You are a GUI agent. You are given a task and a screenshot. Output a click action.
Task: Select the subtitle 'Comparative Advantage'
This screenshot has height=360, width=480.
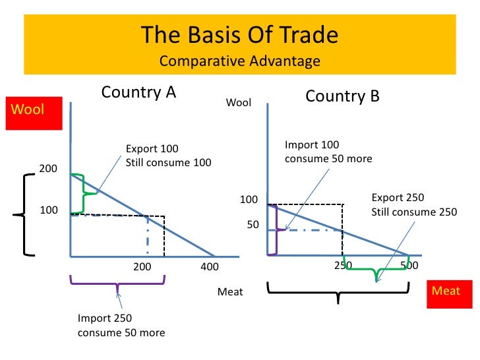(239, 61)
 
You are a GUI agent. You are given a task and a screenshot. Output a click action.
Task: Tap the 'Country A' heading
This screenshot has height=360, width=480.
(138, 92)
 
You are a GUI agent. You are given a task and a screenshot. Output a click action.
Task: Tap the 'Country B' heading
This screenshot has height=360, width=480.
(342, 96)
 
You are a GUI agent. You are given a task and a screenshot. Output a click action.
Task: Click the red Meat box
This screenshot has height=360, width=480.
(446, 291)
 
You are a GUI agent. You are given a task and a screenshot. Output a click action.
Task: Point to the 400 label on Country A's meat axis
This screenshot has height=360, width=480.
(209, 267)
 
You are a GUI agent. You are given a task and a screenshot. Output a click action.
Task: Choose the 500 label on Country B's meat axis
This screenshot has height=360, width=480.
(409, 265)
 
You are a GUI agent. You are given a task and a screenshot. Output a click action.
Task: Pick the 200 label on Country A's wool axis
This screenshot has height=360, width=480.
(48, 169)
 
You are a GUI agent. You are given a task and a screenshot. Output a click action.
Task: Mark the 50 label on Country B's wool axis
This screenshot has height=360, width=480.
(253, 225)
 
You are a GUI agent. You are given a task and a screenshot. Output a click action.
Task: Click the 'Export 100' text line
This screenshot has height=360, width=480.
(152, 148)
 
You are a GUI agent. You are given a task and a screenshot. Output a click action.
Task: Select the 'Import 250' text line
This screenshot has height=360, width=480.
(105, 318)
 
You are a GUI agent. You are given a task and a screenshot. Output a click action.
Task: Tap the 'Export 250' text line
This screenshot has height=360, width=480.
(398, 198)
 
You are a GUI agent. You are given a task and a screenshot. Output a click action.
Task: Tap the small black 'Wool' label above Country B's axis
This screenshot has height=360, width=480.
(239, 103)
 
